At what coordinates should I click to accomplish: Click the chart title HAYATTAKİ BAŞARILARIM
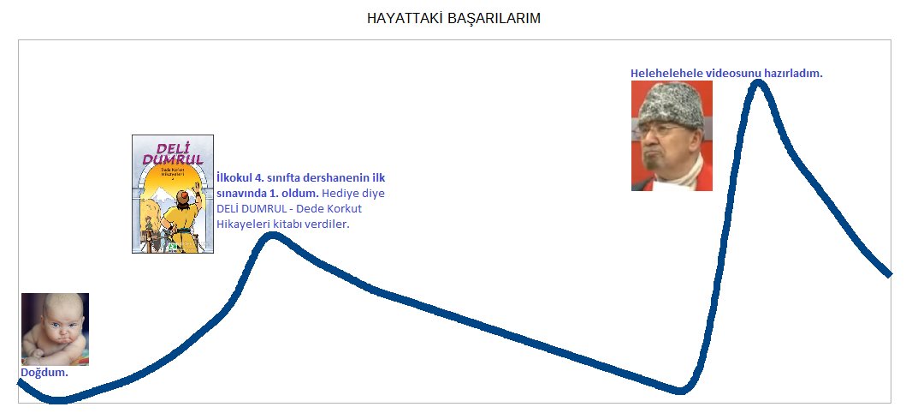453,18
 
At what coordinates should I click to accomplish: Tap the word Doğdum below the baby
43,374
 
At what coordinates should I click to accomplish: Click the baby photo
55,329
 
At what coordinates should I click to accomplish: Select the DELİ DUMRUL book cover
173,195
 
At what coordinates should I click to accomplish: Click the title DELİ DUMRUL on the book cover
173,153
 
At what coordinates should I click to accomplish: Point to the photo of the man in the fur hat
672,135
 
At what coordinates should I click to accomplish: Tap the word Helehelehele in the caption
665,74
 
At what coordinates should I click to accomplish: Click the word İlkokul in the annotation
234,178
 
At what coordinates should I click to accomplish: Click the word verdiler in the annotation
326,224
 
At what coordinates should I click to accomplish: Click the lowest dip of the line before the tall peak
680,391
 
